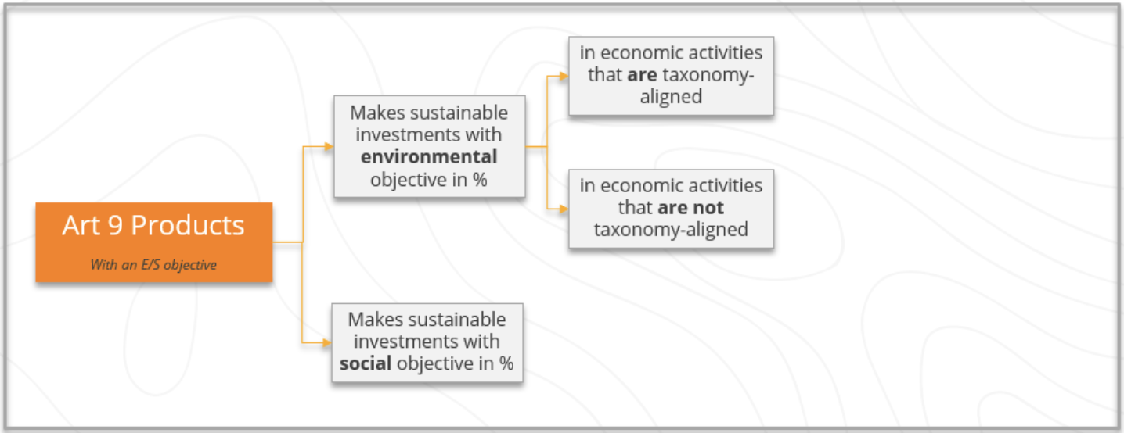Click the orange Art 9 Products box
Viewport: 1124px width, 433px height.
154,242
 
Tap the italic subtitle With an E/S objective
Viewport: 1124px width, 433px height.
153,265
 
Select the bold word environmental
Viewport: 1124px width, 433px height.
429,157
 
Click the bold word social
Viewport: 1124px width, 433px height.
366,363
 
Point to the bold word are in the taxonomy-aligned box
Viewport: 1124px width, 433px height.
643,75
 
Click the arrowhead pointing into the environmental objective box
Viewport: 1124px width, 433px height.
330,146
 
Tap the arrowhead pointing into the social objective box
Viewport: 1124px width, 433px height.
326,343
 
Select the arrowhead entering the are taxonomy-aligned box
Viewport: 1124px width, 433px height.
564,76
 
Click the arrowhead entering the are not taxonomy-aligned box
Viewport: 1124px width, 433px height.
564,209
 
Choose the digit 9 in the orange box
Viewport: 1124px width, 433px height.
115,226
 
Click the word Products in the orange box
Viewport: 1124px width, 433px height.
188,226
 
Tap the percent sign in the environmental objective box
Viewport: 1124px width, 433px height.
480,180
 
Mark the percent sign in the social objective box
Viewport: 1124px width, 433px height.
506,363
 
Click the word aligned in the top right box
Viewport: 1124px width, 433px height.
671,97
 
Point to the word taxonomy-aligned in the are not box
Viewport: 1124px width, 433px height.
671,230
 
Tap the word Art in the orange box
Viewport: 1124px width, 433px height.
81,226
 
